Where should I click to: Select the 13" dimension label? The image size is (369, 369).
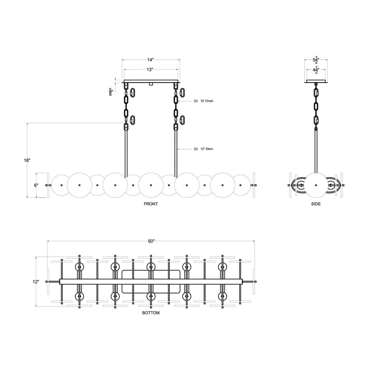pyautogui.click(x=150, y=70)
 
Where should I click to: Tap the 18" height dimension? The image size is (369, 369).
pyautogui.click(x=27, y=160)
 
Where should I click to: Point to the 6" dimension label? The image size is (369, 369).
pyautogui.click(x=36, y=185)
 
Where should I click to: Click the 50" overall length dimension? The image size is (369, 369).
pyautogui.click(x=151, y=241)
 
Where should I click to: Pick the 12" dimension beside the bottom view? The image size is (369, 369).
pyautogui.click(x=35, y=282)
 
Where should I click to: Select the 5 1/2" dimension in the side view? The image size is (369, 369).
pyautogui.click(x=316, y=60)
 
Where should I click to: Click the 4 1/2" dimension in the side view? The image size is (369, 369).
pyautogui.click(x=316, y=70)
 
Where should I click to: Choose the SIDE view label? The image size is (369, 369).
pyautogui.click(x=315, y=204)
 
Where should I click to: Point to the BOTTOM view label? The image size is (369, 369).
pyautogui.click(x=151, y=313)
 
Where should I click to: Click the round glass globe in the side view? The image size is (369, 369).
pyautogui.click(x=315, y=184)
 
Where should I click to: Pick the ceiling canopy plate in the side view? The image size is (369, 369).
pyautogui.click(x=316, y=82)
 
